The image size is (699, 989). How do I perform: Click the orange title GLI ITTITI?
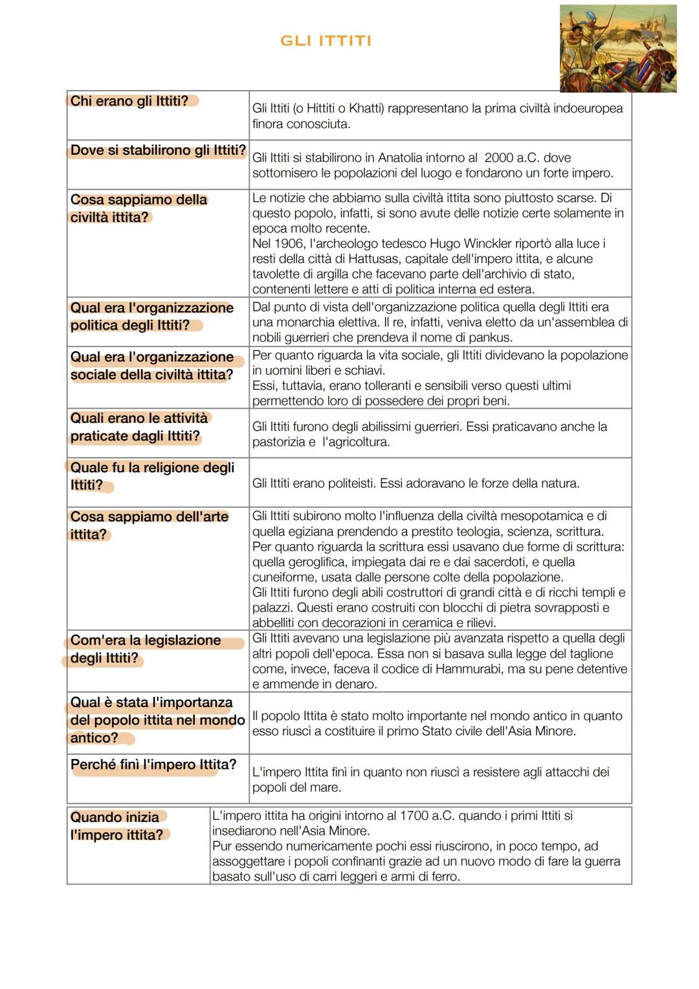[326, 41]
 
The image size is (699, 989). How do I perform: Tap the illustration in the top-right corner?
[617, 49]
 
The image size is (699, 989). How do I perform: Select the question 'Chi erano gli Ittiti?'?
[129, 101]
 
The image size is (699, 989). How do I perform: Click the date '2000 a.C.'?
[511, 158]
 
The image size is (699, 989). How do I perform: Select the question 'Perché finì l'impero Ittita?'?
[153, 765]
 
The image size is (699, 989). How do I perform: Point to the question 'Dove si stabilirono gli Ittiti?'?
[158, 150]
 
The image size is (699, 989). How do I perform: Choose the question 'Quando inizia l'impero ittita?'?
[117, 826]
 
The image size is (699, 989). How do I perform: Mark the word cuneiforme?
[282, 577]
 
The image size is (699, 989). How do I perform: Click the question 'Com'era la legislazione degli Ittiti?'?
[145, 649]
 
